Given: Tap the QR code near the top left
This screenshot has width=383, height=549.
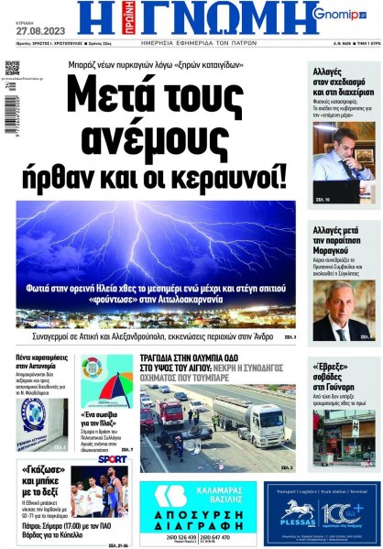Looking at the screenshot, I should point(12,67).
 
